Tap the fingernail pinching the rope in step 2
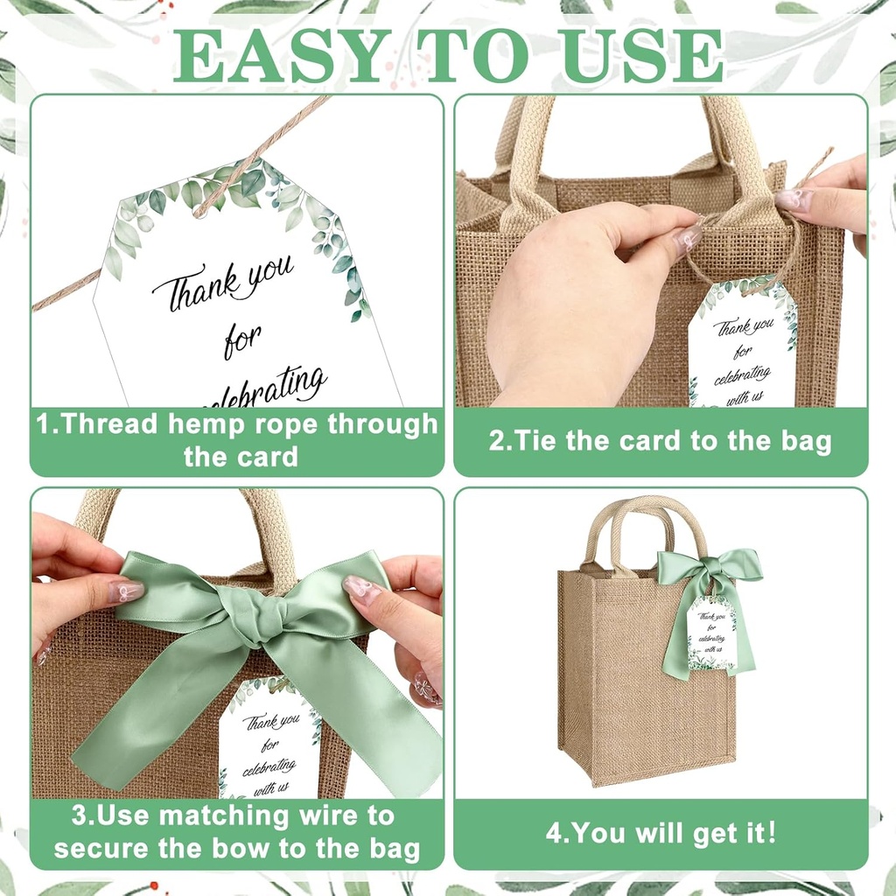pyautogui.click(x=689, y=237)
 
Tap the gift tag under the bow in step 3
pyautogui.click(x=269, y=740)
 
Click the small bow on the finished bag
pyautogui.click(x=708, y=569)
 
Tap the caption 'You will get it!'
pyautogui.click(x=661, y=832)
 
